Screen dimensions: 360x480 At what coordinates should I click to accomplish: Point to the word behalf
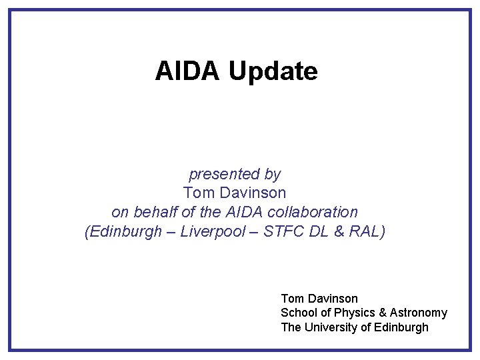click(153, 212)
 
